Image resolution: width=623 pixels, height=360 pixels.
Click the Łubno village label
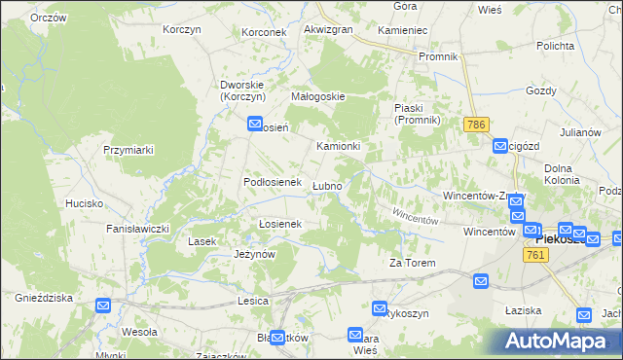tap(326, 186)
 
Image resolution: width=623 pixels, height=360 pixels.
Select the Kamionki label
tap(339, 146)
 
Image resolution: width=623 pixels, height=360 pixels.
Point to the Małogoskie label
tap(318, 96)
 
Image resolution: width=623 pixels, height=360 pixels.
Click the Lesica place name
tap(252, 302)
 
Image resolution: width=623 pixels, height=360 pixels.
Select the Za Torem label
tap(412, 263)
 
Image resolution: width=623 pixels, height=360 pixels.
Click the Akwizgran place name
tap(328, 30)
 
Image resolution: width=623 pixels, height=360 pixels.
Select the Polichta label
tap(554, 46)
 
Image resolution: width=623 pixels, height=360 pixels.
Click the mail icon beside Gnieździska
tap(104, 306)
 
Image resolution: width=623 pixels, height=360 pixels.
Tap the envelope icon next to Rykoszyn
tap(381, 307)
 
